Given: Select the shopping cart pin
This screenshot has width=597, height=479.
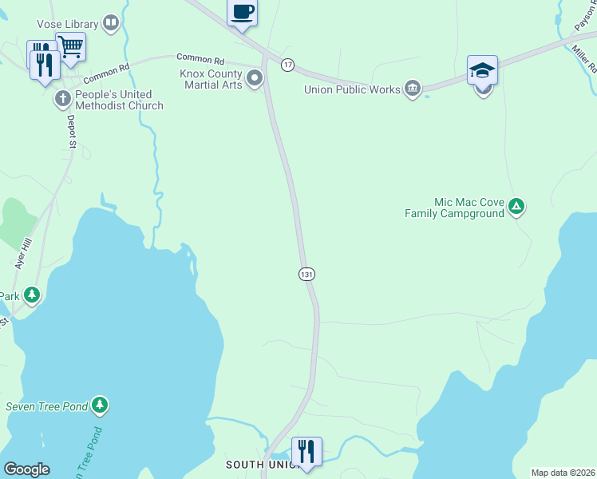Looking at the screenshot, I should pos(70,47).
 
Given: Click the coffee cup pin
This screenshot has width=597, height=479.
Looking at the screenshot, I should pos(243,13).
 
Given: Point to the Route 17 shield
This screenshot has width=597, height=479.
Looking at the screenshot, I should pos(287,64).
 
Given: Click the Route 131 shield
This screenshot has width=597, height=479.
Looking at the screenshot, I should pos(306,274).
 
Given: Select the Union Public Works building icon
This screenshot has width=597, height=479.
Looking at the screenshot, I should pos(412,87).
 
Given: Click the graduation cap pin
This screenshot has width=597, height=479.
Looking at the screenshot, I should pos(483,70).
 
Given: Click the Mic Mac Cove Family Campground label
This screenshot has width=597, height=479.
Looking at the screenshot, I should pos(455,208).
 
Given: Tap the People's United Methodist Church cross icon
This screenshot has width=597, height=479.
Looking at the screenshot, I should pos(62,99).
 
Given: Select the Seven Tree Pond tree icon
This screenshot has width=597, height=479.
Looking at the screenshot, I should pos(99,406).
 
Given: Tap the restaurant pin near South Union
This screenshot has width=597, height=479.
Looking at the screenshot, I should pos(306,451).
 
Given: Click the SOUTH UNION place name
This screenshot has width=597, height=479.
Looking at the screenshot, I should pos(262,465).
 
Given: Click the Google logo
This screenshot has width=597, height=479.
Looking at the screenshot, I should pos(27,469).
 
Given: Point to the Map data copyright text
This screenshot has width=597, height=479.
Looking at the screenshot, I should pos(563,473).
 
